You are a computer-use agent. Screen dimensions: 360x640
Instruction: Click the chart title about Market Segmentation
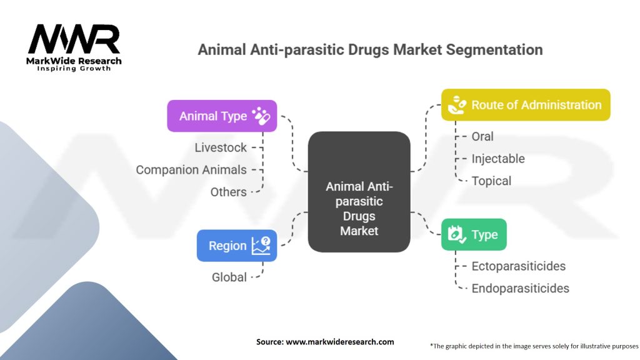370,49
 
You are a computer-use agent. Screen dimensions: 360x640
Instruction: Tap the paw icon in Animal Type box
261,116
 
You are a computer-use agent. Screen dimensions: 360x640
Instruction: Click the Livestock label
221,147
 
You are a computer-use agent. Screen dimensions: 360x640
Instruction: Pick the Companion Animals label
191,169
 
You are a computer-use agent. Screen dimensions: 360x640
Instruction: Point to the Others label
228,192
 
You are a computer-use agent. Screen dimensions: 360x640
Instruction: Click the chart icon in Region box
261,246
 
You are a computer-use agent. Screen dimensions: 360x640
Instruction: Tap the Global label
229,277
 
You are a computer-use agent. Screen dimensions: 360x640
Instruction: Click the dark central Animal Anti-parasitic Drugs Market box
359,191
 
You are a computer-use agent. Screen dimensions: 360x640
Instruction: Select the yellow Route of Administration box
526,105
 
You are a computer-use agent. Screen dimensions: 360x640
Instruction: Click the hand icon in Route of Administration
457,105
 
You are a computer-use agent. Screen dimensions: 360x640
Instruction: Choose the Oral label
482,136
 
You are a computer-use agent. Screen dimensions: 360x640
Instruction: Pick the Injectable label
498,159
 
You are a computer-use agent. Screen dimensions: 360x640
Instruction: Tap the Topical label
491,181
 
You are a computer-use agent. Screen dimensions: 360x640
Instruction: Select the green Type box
474,234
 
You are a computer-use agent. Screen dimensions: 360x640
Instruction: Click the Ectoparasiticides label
519,266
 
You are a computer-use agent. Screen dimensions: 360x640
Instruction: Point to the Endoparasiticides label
520,288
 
